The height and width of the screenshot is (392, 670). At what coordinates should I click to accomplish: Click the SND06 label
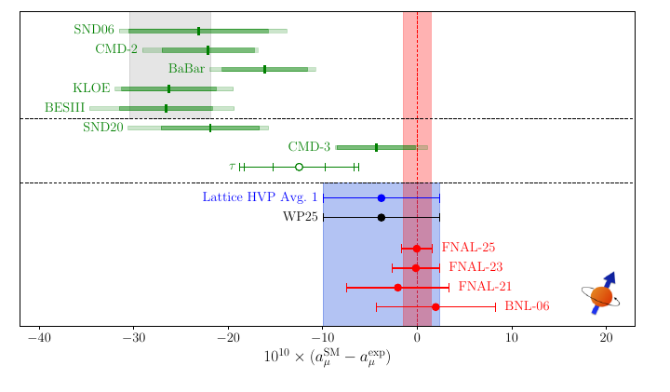coord(94,30)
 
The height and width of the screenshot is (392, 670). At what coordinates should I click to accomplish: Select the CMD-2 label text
coord(116,49)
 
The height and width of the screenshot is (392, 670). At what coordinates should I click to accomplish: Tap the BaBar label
coord(186,69)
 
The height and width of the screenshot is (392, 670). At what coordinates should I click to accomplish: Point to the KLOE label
coord(91,88)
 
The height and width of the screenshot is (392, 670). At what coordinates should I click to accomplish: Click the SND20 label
coord(102,128)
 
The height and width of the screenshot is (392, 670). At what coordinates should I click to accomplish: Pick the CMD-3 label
coord(309,147)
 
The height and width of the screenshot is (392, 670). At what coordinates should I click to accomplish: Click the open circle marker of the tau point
coord(299,167)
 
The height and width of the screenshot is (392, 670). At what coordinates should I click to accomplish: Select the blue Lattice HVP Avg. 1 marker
coord(381,198)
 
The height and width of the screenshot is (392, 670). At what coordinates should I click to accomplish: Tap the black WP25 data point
coord(381,217)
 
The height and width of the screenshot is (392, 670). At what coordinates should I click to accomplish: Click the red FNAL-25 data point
coord(417,249)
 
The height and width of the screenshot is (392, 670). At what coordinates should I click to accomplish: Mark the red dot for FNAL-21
coord(397,288)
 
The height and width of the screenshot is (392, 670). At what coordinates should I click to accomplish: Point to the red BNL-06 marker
coord(435,306)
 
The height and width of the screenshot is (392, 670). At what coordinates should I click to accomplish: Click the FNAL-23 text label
coord(476,267)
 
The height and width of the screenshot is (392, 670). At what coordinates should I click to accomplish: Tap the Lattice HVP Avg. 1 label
coord(260,197)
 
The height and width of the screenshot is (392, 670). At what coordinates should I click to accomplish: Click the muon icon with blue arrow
coord(602,295)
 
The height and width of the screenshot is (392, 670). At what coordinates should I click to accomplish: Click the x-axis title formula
coord(327,358)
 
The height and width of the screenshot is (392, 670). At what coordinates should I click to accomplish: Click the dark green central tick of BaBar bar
coord(264,69)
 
